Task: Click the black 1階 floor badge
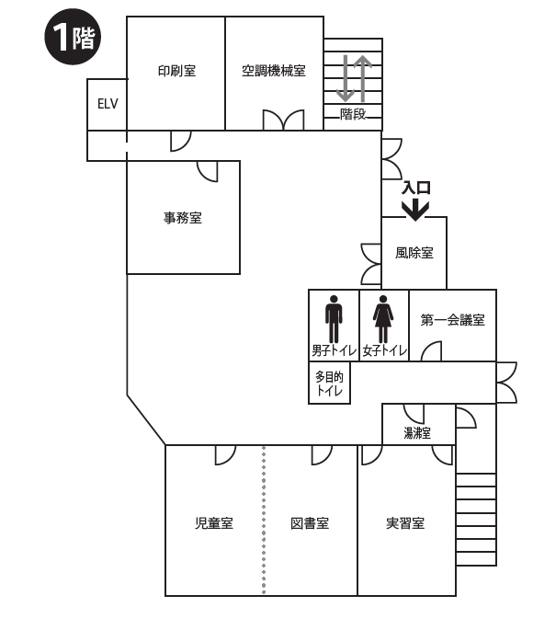click(x=74, y=38)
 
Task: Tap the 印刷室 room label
click(x=176, y=70)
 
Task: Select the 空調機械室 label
click(x=274, y=70)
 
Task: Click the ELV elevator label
click(x=107, y=103)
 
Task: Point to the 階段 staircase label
click(x=353, y=114)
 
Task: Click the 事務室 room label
click(x=183, y=218)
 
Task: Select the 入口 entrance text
click(x=415, y=188)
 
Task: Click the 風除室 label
click(x=414, y=253)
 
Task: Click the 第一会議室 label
click(x=453, y=320)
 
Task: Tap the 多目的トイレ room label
click(x=329, y=384)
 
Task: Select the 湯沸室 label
click(x=418, y=432)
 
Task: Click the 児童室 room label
click(x=214, y=523)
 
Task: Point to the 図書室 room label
click(x=310, y=523)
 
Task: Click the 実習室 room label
click(x=405, y=523)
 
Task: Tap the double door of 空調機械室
click(x=283, y=121)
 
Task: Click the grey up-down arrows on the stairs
click(x=354, y=78)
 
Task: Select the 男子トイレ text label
click(x=334, y=350)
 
